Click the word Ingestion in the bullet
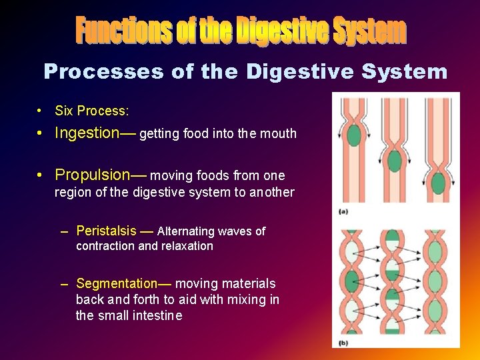coord(87,133)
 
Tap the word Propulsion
coord(92,175)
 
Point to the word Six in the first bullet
coord(64,111)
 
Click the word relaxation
coord(187,245)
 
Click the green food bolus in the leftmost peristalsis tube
coord(354,135)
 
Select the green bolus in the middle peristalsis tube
coord(395,161)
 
